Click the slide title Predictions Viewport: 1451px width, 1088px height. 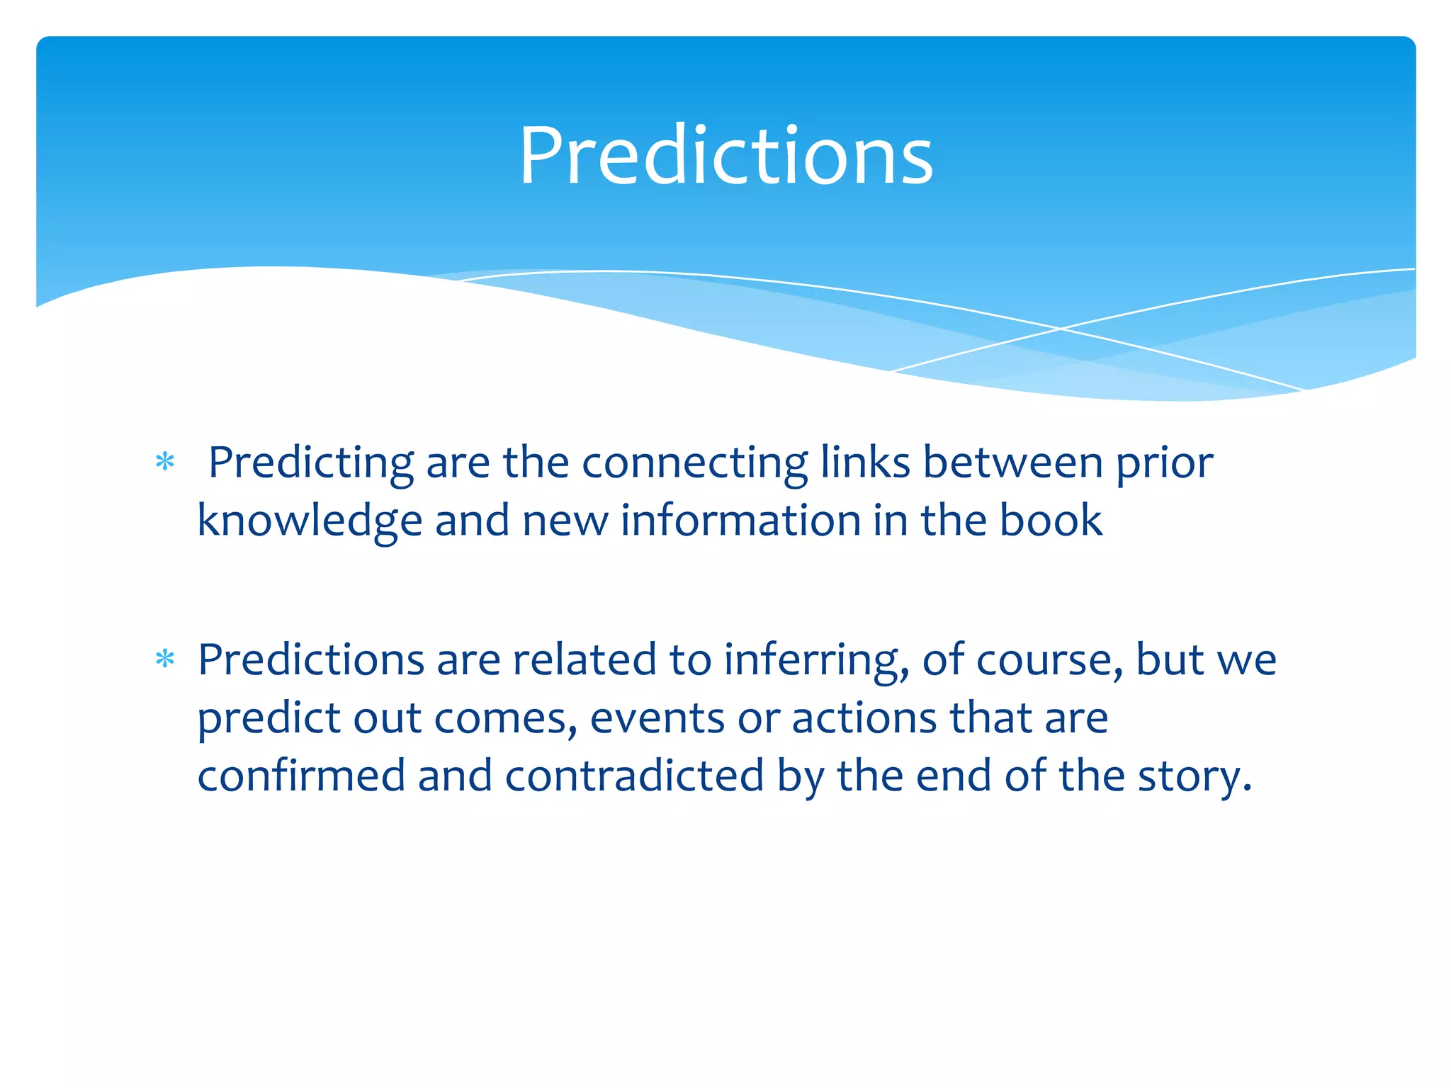click(x=725, y=156)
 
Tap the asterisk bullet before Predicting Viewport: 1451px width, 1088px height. click(x=165, y=463)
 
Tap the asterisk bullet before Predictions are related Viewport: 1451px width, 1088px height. click(x=165, y=659)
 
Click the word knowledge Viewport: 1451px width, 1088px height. click(x=310, y=521)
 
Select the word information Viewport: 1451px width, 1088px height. click(x=740, y=520)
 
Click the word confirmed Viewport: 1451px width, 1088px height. click(x=300, y=776)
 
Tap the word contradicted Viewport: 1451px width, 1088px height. click(x=635, y=776)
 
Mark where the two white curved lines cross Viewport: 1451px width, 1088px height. click(x=1061, y=329)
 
